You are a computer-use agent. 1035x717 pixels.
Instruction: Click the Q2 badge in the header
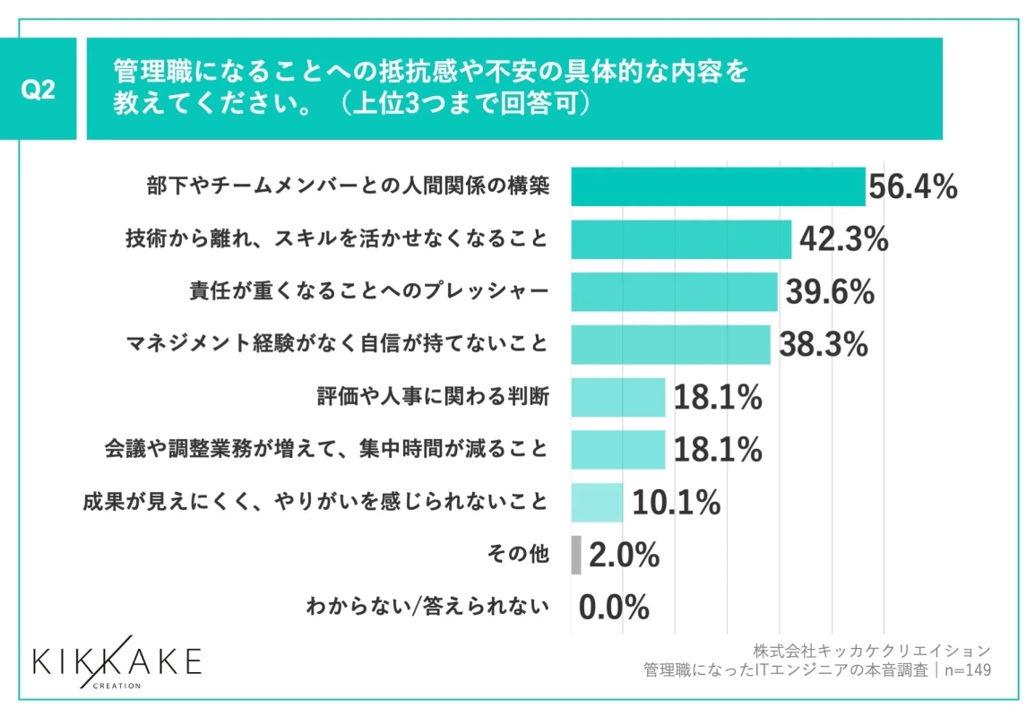(38, 89)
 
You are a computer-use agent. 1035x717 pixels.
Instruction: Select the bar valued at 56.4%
(717, 187)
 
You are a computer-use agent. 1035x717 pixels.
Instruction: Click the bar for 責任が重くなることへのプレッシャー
(673, 292)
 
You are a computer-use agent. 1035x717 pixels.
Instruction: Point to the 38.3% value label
(824, 345)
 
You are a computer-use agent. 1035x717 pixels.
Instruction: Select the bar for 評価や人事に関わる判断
(617, 397)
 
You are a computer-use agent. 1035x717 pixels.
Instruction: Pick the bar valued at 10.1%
(596, 503)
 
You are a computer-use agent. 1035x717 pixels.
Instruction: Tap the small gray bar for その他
(575, 556)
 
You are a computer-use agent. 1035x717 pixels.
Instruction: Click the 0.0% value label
(614, 608)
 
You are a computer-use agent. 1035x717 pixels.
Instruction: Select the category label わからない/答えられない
(427, 608)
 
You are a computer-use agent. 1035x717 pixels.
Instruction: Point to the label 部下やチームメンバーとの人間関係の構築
(347, 187)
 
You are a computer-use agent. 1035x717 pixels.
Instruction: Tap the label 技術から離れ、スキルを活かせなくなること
(335, 240)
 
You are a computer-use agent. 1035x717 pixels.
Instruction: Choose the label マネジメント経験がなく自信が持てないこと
(335, 345)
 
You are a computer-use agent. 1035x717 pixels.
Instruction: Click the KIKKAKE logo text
(117, 661)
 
